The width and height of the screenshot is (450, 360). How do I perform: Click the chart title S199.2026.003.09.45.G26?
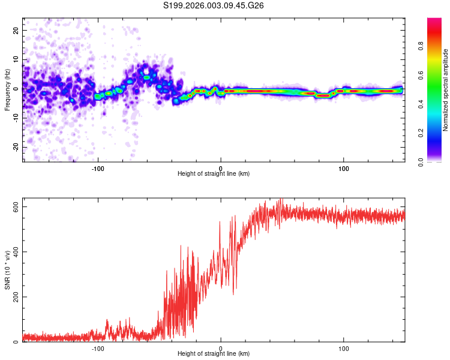click(214, 6)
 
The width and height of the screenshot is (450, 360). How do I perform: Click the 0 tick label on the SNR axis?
click(17, 342)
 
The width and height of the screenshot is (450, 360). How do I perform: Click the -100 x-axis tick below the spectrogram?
click(98, 167)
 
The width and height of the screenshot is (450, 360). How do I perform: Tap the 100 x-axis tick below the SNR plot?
click(344, 347)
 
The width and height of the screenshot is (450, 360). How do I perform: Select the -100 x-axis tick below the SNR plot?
click(98, 347)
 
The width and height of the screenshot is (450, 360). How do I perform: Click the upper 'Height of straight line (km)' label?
click(214, 173)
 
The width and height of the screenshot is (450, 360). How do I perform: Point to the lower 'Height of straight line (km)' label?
click(214, 353)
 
